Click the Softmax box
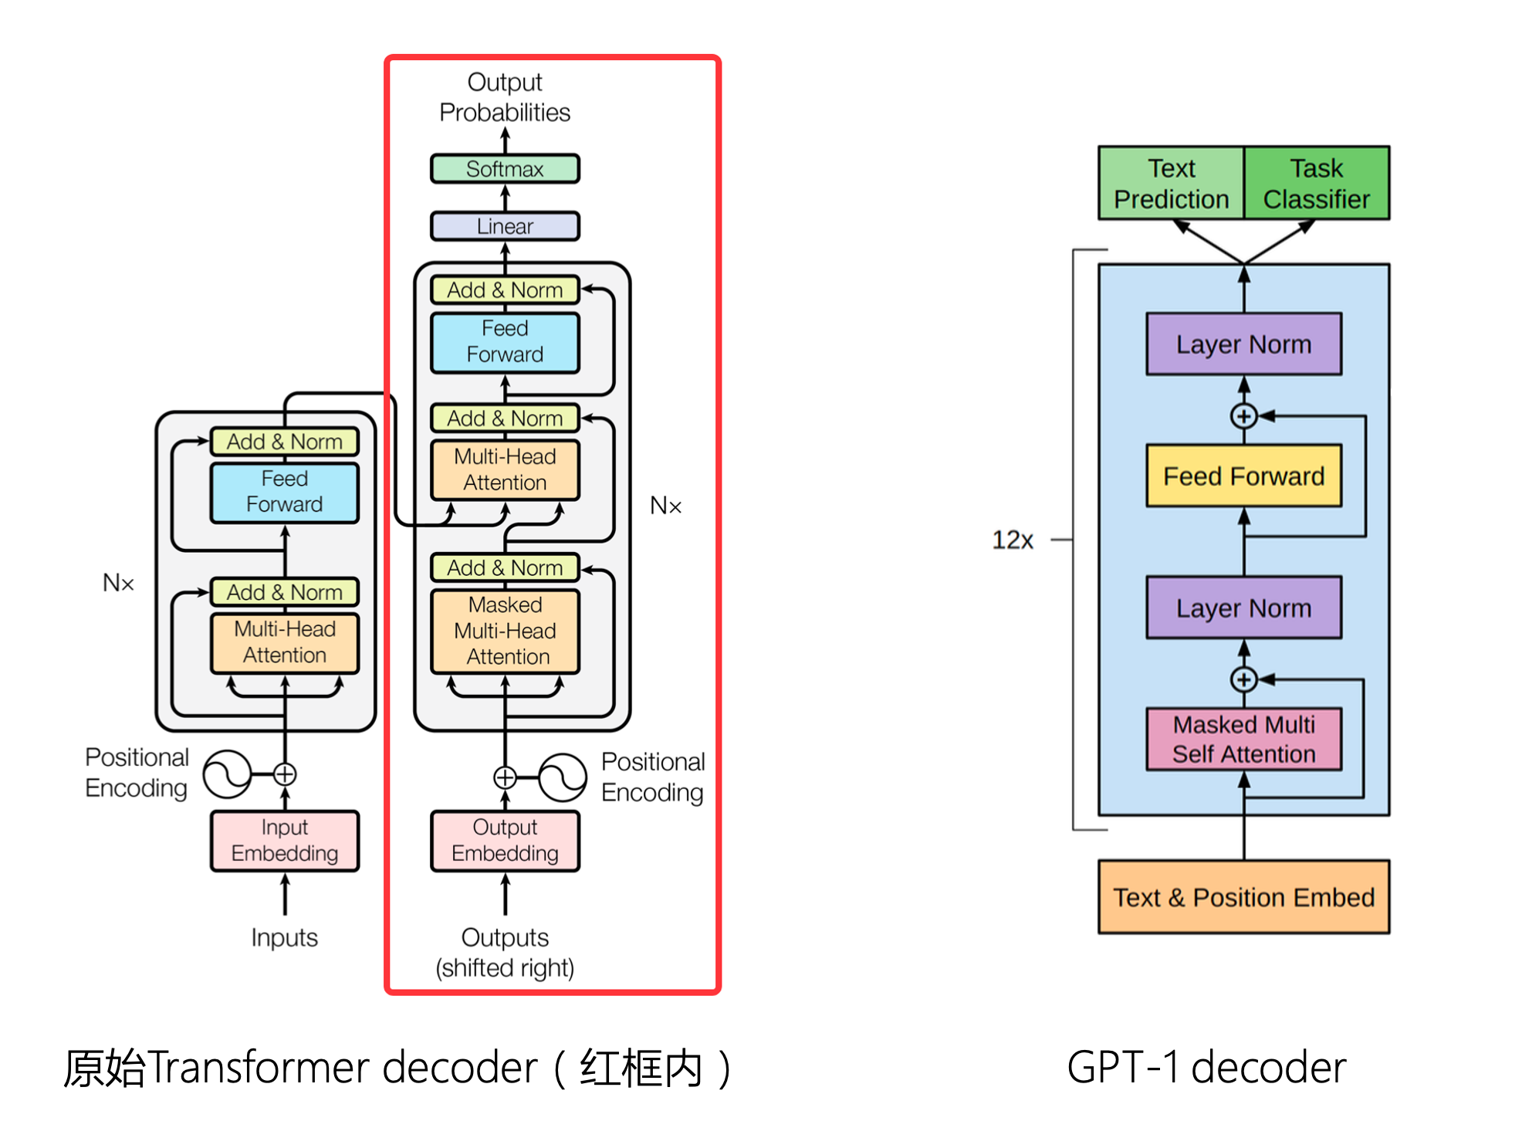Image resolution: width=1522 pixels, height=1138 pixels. (x=505, y=169)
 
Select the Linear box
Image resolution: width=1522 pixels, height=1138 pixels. (x=505, y=226)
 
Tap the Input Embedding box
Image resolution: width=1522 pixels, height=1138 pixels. (x=285, y=841)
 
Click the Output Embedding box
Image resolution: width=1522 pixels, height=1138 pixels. (x=505, y=841)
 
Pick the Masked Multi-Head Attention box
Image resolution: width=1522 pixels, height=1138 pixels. (x=505, y=631)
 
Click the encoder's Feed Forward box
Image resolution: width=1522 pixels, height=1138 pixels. (x=285, y=492)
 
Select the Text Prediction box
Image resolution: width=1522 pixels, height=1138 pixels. (x=1171, y=184)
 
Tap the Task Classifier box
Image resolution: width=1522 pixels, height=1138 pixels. (x=1316, y=184)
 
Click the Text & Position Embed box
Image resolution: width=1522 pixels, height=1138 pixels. (x=1243, y=897)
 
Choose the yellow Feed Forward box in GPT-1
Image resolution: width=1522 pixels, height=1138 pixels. (x=1243, y=476)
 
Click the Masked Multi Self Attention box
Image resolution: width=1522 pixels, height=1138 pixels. (x=1243, y=740)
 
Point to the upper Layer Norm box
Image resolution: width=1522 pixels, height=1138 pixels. (x=1243, y=344)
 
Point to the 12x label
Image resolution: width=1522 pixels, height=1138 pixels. (x=1012, y=540)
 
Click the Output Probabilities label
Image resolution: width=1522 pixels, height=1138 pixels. (x=505, y=97)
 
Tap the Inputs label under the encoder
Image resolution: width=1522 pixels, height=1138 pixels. (x=285, y=937)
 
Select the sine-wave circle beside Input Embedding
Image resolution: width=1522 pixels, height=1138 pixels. (x=227, y=774)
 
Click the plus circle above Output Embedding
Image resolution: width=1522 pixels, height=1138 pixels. (x=505, y=777)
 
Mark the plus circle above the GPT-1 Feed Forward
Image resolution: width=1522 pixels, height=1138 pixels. (x=1243, y=416)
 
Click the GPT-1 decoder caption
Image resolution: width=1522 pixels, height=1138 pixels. (x=1206, y=1068)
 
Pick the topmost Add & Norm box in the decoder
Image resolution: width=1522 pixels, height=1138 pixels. (x=505, y=290)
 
